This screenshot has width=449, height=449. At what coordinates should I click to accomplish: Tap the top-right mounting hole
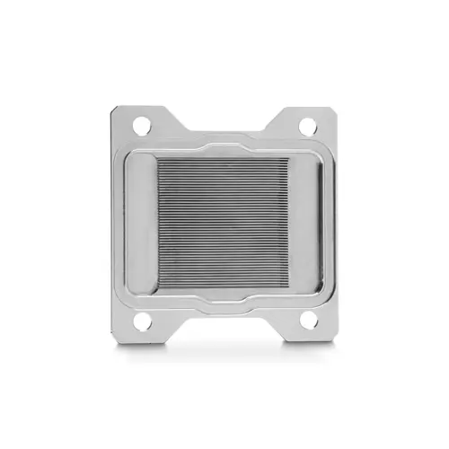click(x=307, y=126)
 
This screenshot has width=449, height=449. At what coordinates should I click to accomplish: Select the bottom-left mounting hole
click(x=143, y=320)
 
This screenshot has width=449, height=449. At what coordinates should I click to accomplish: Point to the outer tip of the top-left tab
click(x=113, y=110)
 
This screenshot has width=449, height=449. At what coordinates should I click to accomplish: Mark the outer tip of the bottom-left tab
click(x=114, y=336)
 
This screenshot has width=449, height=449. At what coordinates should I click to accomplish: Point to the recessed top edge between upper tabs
click(x=224, y=129)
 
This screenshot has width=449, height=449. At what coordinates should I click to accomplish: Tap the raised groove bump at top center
click(x=224, y=144)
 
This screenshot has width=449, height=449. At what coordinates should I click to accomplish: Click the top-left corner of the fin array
click(x=160, y=160)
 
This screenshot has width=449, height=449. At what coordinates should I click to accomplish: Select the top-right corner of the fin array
click(x=289, y=160)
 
